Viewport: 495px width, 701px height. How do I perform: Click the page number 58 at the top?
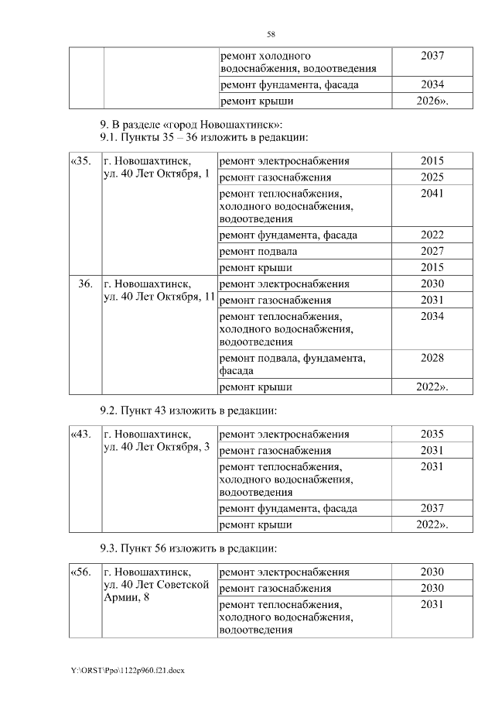coord(271,34)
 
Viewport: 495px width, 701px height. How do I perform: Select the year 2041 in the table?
coord(432,194)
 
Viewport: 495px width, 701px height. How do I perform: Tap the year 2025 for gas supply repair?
coord(432,177)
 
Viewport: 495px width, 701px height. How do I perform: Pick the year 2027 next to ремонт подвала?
coord(432,251)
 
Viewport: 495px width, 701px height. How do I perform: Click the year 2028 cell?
coord(432,358)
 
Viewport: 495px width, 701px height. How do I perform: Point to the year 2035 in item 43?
coord(432,434)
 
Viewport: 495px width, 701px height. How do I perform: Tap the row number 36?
coord(86,283)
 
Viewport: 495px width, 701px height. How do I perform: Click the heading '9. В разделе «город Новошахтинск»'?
coord(191,124)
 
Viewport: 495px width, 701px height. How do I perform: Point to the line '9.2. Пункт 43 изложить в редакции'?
coord(188,410)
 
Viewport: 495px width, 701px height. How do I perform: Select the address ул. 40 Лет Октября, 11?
coord(159,299)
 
